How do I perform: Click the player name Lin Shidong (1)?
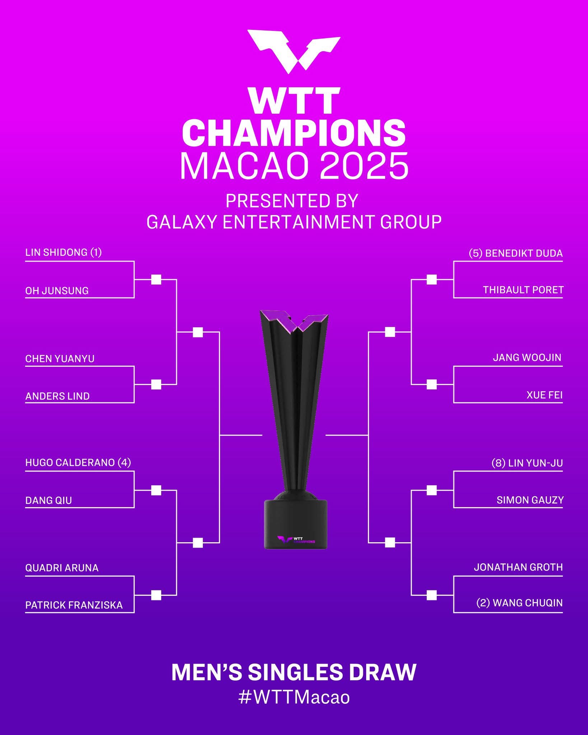tap(64, 252)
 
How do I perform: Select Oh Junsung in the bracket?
tap(57, 290)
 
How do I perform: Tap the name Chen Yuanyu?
tap(60, 359)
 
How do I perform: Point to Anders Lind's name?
tap(57, 396)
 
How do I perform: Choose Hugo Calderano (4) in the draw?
tap(78, 462)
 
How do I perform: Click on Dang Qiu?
tap(48, 500)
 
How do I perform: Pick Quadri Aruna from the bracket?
tap(62, 568)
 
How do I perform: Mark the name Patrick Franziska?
tap(74, 605)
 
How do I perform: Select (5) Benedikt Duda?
tap(516, 253)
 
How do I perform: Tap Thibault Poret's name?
tap(523, 290)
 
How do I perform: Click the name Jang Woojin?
tap(527, 357)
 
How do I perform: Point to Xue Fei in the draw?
tap(545, 395)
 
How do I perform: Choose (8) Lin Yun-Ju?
tap(527, 463)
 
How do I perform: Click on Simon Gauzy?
tap(530, 500)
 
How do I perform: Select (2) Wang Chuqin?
tap(519, 603)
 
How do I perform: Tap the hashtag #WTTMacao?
tap(294, 697)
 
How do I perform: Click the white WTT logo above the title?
tap(294, 52)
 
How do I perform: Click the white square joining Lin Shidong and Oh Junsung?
tap(156, 280)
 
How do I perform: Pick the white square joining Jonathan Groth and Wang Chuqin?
tap(431, 595)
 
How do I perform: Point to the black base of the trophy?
tap(295, 524)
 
